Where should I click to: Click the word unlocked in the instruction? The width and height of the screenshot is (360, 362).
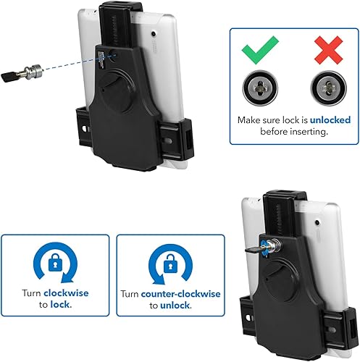click(312, 119)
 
